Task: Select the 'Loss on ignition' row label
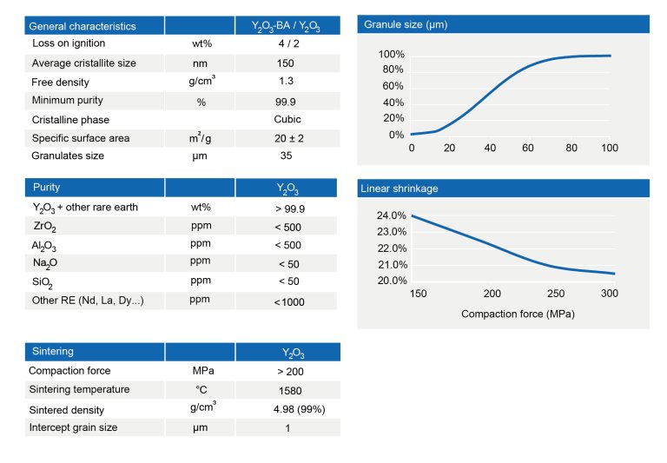tap(69, 43)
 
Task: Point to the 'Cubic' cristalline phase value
tap(287, 119)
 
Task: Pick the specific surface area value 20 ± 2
tap(287, 139)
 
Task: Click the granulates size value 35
tap(286, 156)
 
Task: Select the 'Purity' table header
tap(46, 187)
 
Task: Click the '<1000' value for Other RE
tap(289, 301)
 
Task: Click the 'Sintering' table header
tap(52, 352)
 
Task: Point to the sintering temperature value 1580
tap(287, 390)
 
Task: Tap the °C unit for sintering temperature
tap(201, 390)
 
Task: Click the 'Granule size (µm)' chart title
tap(406, 24)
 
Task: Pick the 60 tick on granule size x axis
tap(527, 149)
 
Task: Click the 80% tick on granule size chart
tap(391, 70)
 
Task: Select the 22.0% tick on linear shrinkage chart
tap(392, 248)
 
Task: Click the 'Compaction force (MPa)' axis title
tap(518, 313)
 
